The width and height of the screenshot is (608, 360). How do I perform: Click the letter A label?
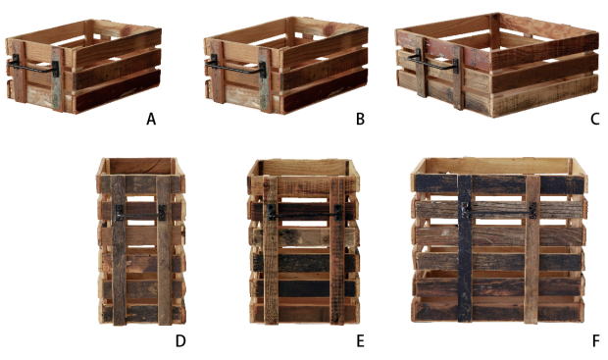point(151,119)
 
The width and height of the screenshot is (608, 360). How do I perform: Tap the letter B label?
point(360,119)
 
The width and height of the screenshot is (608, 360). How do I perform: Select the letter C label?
point(595,119)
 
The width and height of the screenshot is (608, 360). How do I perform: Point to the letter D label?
point(180,341)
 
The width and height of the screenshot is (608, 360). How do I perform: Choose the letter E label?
point(360,341)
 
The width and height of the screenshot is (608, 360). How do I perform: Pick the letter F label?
point(596,341)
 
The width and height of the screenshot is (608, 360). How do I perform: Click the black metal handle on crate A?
point(35,68)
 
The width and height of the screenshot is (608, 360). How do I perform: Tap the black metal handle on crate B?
point(236,68)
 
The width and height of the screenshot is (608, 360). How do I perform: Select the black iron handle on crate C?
point(433,61)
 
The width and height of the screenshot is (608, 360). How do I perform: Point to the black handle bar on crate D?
point(141,213)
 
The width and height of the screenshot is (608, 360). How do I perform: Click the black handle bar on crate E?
point(305,213)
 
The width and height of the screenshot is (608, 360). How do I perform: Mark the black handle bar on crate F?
point(500,211)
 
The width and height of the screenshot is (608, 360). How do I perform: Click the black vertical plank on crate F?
point(465,248)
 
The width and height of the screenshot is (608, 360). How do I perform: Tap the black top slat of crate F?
point(499,183)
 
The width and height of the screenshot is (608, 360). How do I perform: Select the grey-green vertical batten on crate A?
point(57,78)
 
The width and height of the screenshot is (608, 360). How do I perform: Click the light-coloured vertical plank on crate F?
point(532,248)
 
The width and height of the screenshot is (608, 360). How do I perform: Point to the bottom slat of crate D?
point(142,313)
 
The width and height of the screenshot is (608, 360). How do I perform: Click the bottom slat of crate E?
point(305,312)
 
